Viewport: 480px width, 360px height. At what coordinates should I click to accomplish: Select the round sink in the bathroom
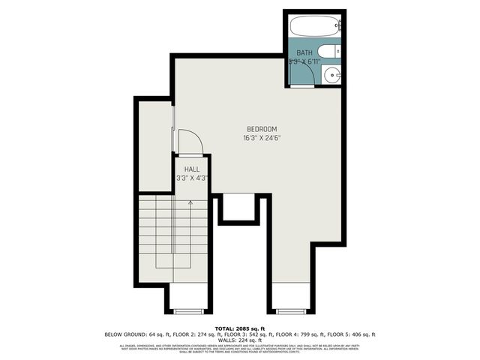[x=331, y=74]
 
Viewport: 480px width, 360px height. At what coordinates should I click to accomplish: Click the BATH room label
[x=304, y=52]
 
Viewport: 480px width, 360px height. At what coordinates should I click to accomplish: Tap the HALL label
[x=192, y=169]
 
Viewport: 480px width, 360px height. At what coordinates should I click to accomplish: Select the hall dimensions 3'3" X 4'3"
[x=192, y=178]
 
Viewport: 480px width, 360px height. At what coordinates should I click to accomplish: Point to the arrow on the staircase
[x=190, y=203]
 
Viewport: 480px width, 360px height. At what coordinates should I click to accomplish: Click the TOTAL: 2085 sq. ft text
[x=239, y=328]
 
